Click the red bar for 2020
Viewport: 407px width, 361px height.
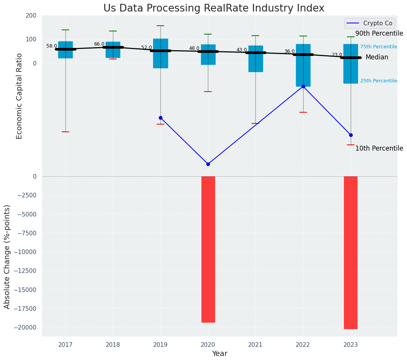[x=208, y=249]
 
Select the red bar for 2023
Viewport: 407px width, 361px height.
[x=351, y=252]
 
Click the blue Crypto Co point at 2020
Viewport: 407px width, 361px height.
[x=208, y=164]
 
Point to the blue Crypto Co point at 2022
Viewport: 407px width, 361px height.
[x=303, y=87]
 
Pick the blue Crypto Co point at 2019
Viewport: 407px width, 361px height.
[x=160, y=118]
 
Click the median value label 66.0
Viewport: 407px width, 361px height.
[x=99, y=44]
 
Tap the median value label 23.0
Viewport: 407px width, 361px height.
[x=337, y=55]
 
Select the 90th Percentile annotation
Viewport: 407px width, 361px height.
[x=379, y=34]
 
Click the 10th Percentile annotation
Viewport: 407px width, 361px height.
[x=379, y=148]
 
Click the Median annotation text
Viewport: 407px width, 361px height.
[x=377, y=57]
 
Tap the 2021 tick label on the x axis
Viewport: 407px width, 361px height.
[x=255, y=345]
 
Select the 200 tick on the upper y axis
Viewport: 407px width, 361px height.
[x=31, y=16]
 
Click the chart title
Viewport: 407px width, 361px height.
[x=214, y=8]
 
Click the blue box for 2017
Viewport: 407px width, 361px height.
[x=65, y=50]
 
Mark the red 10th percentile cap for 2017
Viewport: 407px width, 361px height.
[x=65, y=132]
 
